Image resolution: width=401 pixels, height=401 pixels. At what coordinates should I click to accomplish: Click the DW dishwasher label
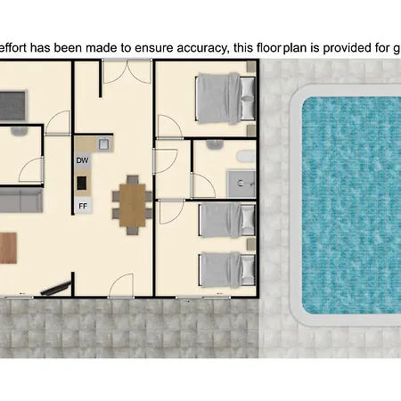[x=82, y=160]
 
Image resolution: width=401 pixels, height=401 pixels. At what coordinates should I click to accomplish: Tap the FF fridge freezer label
[x=83, y=206]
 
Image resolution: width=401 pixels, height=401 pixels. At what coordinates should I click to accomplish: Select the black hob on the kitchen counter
[x=82, y=183]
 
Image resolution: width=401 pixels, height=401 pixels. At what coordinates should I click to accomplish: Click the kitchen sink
[x=104, y=144]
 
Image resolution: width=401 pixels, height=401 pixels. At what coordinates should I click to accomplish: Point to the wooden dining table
[x=133, y=205]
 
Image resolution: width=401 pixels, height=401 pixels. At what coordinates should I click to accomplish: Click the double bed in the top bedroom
[x=225, y=98]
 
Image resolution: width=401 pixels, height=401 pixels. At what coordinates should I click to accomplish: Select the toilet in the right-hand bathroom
[x=246, y=156]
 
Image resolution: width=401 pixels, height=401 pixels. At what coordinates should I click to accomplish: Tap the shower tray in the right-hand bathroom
[x=241, y=184]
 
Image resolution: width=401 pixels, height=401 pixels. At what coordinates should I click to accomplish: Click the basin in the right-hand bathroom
[x=215, y=144]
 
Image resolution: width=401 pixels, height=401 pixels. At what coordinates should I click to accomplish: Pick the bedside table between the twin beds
[x=251, y=245]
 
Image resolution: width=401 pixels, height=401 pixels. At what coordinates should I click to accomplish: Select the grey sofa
[x=20, y=200]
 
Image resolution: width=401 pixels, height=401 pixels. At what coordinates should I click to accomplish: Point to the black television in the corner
[x=55, y=289]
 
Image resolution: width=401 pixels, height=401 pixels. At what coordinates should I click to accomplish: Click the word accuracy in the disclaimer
[x=201, y=48]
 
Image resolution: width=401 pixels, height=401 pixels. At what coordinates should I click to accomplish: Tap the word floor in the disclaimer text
[x=269, y=47]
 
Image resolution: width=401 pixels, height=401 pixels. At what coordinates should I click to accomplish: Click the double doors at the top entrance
[x=127, y=71]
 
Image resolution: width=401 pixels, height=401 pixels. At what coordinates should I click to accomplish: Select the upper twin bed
[x=227, y=220]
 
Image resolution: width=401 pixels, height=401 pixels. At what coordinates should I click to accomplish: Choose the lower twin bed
[x=227, y=270]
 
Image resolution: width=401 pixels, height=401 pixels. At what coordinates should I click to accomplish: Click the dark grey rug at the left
[x=12, y=106]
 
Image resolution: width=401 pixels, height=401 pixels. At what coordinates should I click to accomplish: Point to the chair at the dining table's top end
[x=133, y=180]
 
